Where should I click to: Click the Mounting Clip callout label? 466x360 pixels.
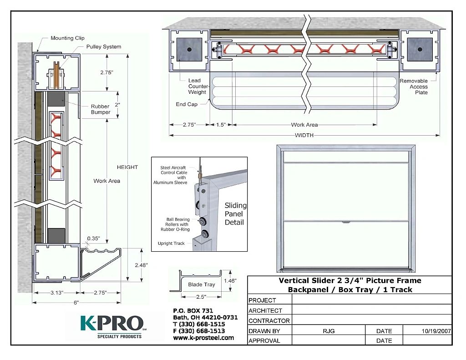(67, 38)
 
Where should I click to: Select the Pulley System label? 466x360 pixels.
(104, 47)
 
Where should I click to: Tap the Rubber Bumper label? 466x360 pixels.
(101, 109)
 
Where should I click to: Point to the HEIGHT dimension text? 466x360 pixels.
(127, 167)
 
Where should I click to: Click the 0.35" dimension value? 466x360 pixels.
(94, 238)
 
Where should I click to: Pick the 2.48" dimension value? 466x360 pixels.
(141, 265)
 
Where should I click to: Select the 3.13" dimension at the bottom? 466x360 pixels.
(57, 293)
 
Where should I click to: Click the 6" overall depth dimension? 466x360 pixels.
(76, 303)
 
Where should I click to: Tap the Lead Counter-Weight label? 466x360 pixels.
(198, 86)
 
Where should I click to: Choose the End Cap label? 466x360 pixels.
(187, 104)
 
